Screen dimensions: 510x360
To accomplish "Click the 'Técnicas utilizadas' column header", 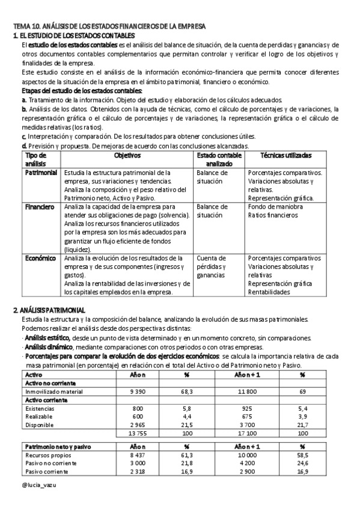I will coord(285,155).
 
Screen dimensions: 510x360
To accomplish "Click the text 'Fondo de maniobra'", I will coord(275,207).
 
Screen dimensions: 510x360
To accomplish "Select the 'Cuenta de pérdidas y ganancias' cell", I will coord(211,266).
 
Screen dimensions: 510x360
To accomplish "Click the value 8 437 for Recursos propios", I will coord(138,456).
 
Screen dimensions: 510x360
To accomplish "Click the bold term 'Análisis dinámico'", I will coord(49,347).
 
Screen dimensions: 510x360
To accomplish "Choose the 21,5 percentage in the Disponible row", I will coord(187,425).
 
